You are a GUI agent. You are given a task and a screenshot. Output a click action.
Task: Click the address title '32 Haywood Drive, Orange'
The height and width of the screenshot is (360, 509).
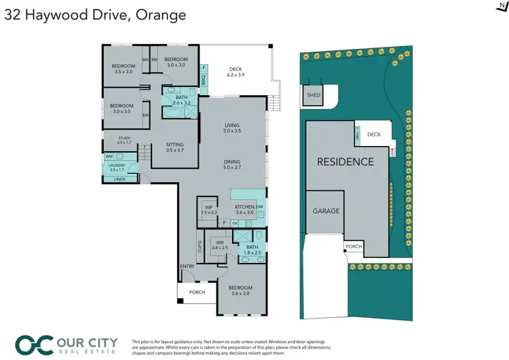click(95, 14)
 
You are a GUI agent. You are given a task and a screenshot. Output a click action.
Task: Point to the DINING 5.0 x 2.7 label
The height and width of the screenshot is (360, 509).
click(233, 164)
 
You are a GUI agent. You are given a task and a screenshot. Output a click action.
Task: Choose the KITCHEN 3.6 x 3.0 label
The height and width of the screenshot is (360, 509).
click(244, 209)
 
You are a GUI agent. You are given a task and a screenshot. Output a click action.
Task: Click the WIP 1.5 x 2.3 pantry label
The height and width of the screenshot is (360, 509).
click(208, 211)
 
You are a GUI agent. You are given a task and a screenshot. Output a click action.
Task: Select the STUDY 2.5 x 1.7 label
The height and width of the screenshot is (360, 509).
click(124, 140)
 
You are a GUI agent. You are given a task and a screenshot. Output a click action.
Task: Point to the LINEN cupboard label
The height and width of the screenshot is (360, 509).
click(119, 179)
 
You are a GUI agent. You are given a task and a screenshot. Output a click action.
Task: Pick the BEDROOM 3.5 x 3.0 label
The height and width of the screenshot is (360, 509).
click(124, 69)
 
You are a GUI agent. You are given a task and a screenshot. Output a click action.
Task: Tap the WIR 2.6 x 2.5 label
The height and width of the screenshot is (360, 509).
click(219, 245)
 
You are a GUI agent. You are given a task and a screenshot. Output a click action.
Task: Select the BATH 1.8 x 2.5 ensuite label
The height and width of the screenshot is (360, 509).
click(252, 249)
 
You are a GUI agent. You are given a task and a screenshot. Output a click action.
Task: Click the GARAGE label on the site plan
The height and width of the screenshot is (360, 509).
click(326, 211)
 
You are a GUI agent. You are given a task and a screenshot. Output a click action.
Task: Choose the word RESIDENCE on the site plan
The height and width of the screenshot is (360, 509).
click(345, 162)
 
